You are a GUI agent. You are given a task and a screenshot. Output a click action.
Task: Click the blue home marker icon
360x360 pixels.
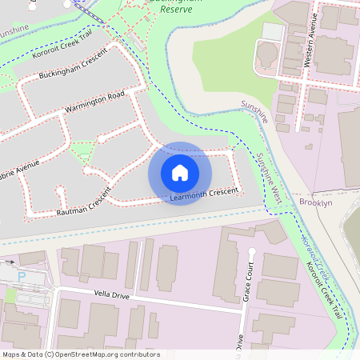tap(180, 173)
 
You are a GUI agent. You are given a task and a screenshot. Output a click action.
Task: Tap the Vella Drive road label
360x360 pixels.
tap(111, 295)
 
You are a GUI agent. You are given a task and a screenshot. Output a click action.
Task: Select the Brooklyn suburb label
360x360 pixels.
tap(315, 203)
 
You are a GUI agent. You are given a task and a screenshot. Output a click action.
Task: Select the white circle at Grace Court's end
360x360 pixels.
tap(252, 253)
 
